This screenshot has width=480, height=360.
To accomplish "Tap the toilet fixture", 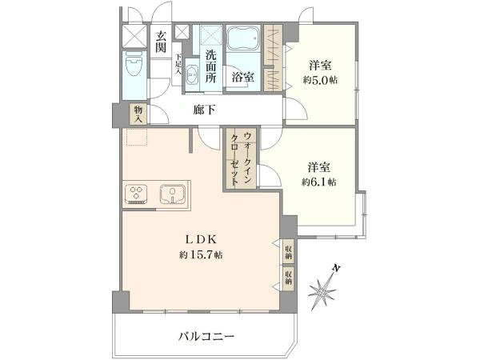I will [x=133, y=64].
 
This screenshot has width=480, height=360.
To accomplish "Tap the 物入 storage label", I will [x=138, y=113].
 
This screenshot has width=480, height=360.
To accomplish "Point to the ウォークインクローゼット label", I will [x=241, y=158].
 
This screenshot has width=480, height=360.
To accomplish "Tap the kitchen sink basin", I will [x=171, y=194].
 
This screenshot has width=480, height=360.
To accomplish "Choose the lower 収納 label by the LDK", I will [x=287, y=278].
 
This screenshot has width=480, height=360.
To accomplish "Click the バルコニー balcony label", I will [x=206, y=337].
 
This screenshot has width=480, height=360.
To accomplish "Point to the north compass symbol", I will [x=323, y=289].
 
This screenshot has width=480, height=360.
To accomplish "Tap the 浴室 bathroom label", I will [x=243, y=78].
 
